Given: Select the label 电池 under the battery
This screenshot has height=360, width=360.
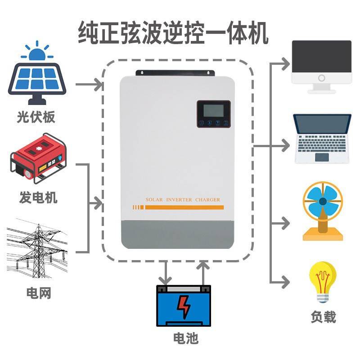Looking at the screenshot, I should (x=186, y=338).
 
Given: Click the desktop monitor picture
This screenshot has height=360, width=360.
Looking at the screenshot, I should (x=321, y=65).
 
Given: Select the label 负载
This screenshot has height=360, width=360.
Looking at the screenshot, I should (x=323, y=317).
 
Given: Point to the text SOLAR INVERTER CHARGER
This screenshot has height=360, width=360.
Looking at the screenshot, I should (x=183, y=199).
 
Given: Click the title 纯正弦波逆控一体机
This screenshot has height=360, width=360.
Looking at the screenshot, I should (x=173, y=34).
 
